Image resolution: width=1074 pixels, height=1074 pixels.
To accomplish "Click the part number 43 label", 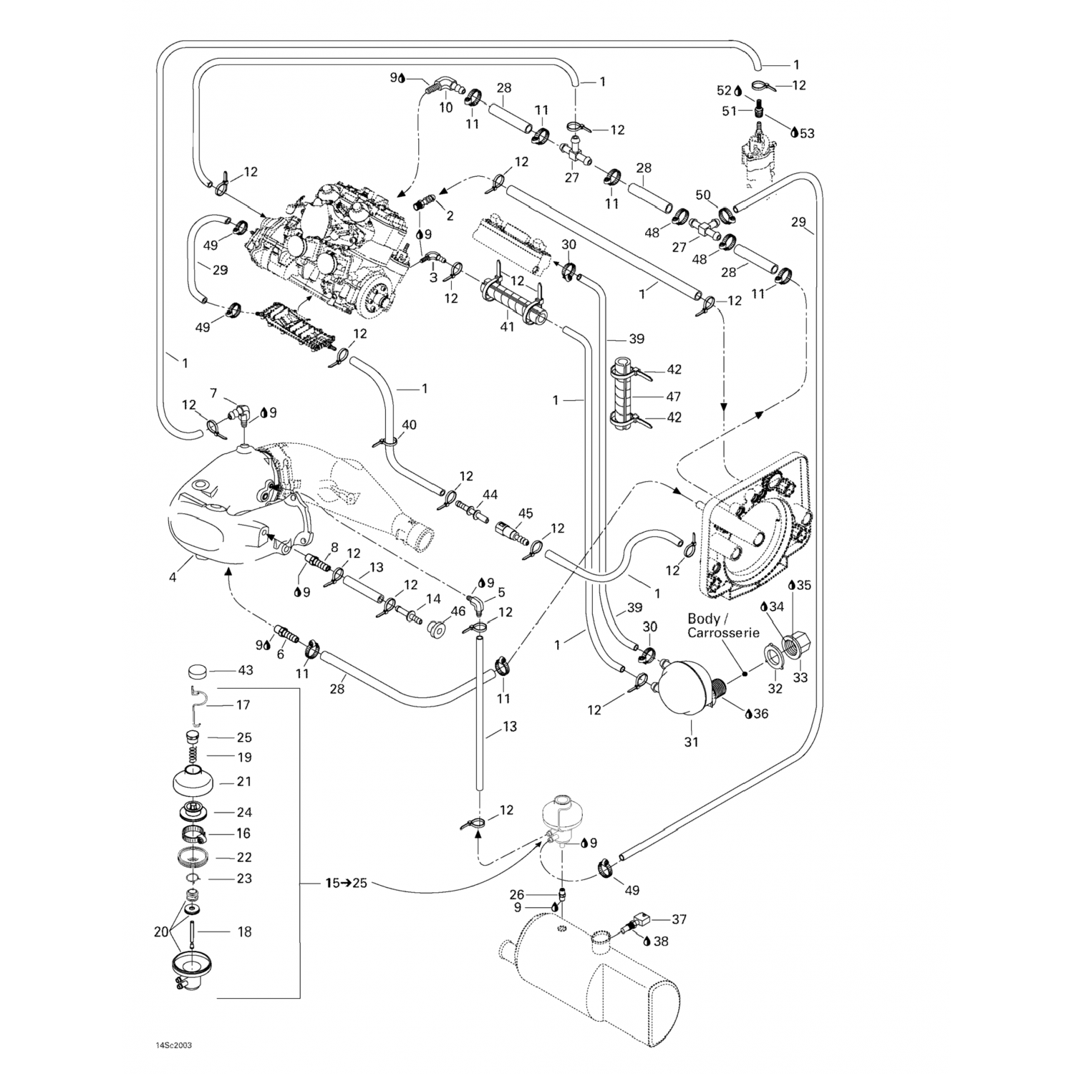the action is [x=246, y=671].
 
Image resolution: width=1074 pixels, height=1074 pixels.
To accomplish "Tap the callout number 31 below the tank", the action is [x=691, y=742].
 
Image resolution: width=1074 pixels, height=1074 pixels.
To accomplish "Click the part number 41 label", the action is [x=508, y=326].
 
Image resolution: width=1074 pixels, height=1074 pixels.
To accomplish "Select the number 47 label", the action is [x=674, y=396].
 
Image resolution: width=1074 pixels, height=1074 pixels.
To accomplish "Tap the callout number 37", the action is [x=679, y=919].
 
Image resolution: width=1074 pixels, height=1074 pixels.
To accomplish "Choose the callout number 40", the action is [x=409, y=425].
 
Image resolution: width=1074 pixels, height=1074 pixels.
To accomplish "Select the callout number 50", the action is [x=703, y=195].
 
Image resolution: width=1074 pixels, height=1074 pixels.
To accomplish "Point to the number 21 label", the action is [x=244, y=782].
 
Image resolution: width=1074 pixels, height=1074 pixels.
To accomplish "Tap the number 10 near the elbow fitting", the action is [x=446, y=108].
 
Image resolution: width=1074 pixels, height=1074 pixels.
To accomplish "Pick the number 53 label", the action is [x=807, y=133].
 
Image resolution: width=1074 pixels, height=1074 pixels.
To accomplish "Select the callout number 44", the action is [x=490, y=495].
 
